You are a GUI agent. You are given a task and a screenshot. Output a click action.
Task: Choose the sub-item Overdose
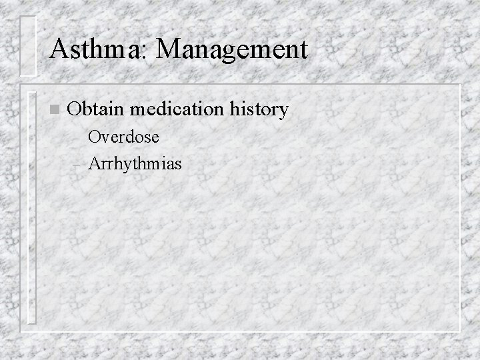[x=123, y=137]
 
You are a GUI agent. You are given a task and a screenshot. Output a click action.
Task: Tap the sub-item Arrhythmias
[x=134, y=162]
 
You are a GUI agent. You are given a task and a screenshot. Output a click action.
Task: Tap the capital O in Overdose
[x=95, y=137]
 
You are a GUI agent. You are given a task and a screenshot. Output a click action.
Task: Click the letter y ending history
[x=283, y=111]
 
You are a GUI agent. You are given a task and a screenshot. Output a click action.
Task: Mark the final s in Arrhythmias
[x=177, y=163]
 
